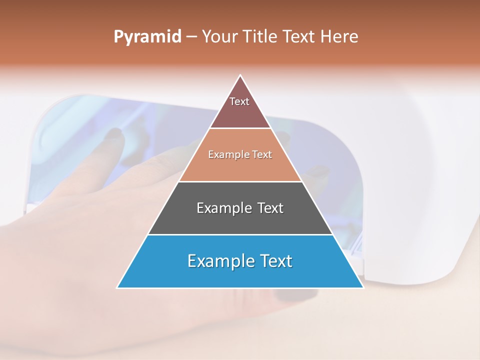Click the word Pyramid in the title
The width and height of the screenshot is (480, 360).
pyautogui.click(x=147, y=37)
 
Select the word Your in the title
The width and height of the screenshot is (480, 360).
pyautogui.click(x=220, y=36)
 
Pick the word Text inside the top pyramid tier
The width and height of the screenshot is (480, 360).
pyautogui.click(x=239, y=101)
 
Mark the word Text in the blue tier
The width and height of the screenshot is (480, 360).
pyautogui.click(x=276, y=261)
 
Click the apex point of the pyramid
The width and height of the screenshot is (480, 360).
pyautogui.click(x=240, y=76)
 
